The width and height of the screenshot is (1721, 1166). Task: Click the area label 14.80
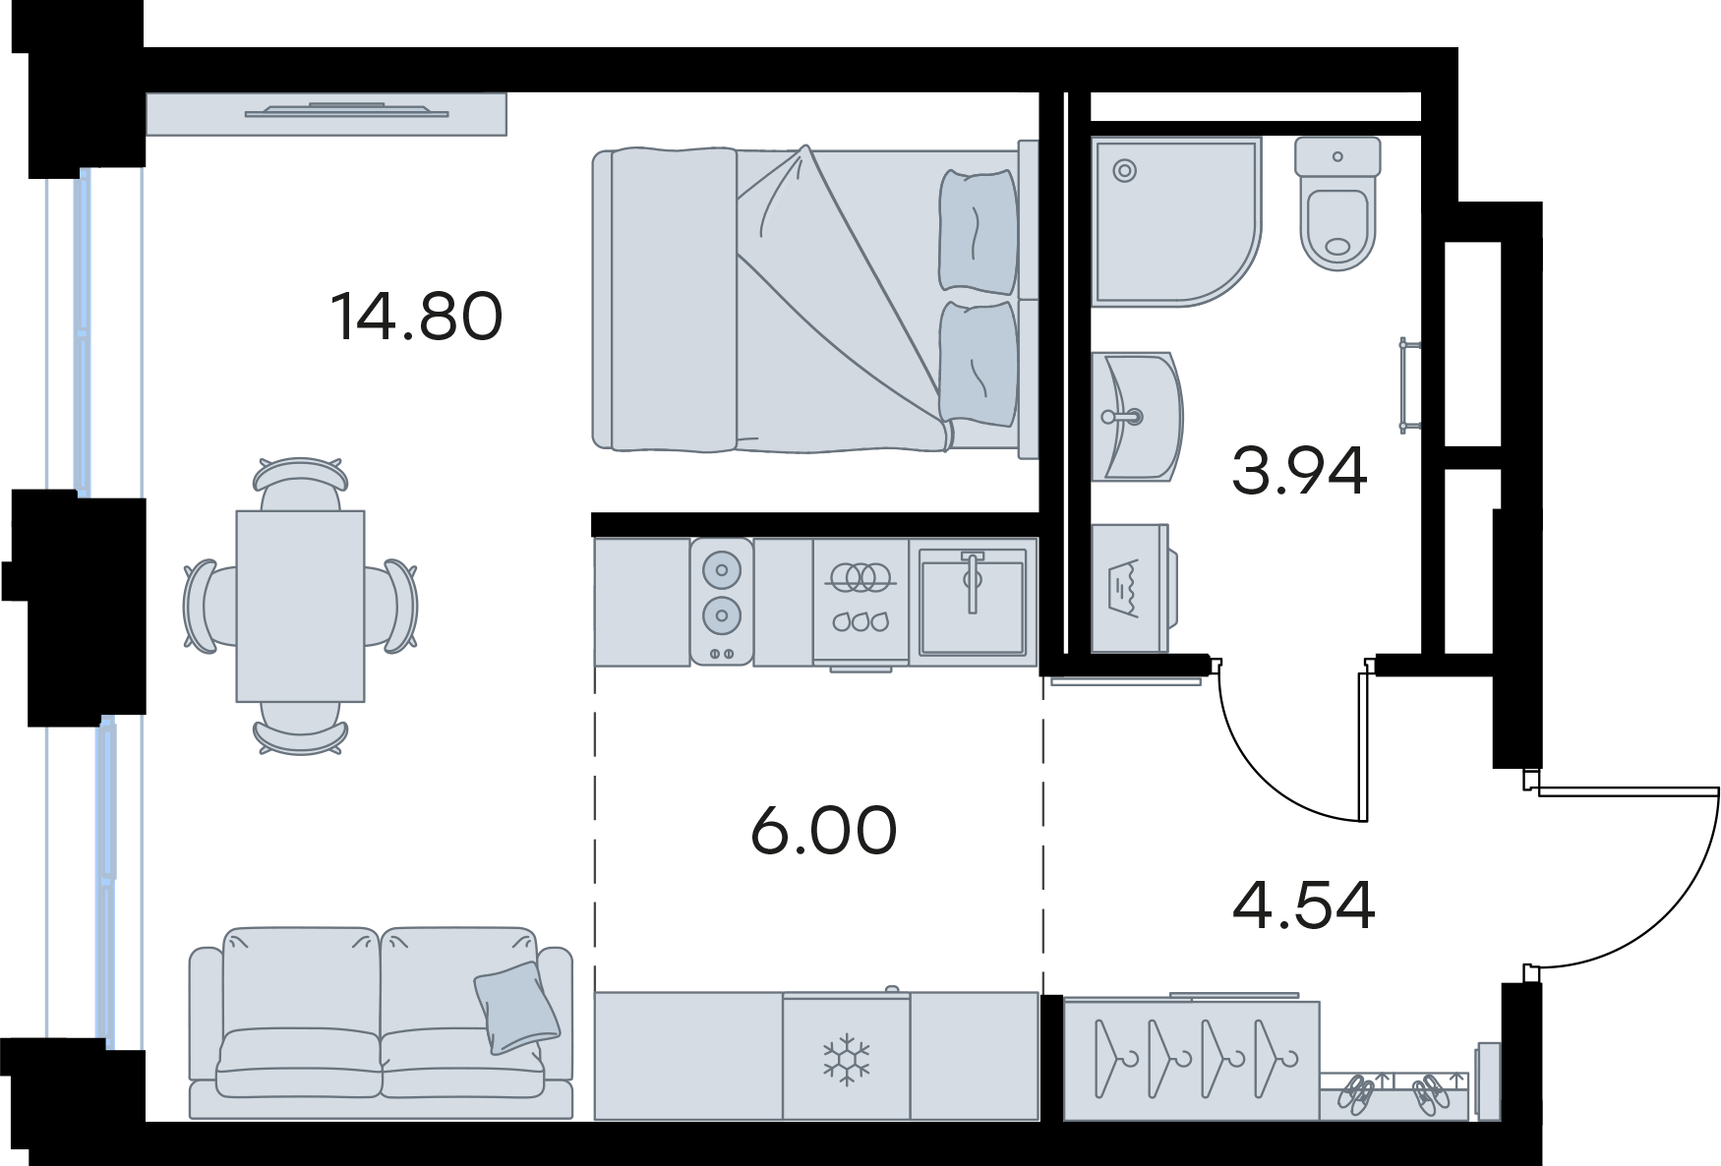tap(417, 317)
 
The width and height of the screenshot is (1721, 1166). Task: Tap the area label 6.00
tap(823, 831)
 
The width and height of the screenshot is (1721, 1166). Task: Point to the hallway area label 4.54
tap(1303, 905)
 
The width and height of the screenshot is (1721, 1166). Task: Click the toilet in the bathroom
tap(1337, 204)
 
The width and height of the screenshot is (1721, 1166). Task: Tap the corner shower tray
tap(1176, 221)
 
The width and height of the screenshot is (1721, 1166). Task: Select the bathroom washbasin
tap(1136, 417)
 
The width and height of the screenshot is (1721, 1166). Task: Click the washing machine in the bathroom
tap(1134, 587)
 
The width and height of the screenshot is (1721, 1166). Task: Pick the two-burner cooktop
tap(722, 602)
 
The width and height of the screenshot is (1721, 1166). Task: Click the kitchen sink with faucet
tap(972, 602)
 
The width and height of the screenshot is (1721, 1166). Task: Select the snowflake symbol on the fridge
tap(846, 1059)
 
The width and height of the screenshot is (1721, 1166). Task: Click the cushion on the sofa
tap(517, 1008)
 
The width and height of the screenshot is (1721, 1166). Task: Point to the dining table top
tap(300, 606)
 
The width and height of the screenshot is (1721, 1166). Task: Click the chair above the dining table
tap(300, 476)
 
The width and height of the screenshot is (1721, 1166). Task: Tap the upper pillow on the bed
tap(977, 231)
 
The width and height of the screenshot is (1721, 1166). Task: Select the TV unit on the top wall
tap(326, 113)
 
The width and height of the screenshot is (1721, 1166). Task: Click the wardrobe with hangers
tap(1192, 1060)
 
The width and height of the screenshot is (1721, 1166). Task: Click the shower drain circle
tap(1124, 170)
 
